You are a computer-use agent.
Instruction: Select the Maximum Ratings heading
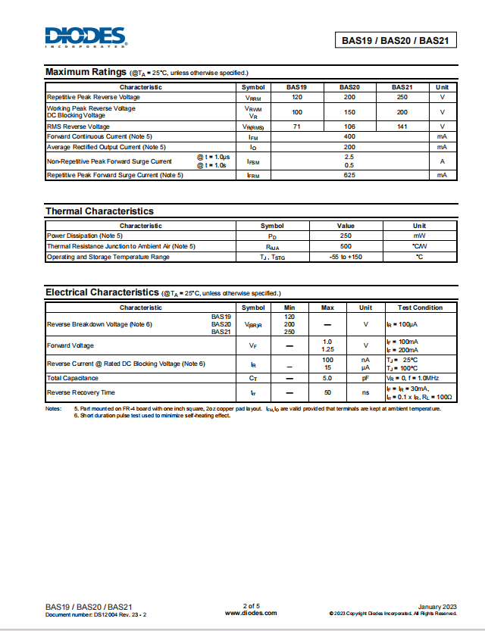pos(86,72)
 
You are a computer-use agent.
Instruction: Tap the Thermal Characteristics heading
pos(99,211)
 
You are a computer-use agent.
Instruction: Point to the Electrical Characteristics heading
pos(100,292)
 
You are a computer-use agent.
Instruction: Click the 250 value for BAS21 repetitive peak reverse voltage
pos(402,97)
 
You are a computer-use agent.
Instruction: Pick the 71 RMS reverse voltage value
pos(297,127)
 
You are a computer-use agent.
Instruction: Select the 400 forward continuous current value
pos(349,136)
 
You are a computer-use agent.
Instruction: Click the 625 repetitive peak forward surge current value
pos(349,175)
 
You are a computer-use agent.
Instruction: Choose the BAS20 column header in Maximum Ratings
pos(349,87)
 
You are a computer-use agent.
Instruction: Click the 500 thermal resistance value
pos(346,246)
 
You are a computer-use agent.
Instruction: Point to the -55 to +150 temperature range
pos(346,257)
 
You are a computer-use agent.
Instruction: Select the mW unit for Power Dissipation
pos(419,236)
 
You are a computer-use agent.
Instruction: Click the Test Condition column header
pos(420,308)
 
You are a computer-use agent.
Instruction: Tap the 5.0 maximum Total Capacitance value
pos(327,377)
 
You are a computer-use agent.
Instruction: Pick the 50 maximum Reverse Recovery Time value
pos(327,392)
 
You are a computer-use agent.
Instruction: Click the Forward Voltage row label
pos(70,345)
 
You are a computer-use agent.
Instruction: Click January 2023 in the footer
pos(437,606)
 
